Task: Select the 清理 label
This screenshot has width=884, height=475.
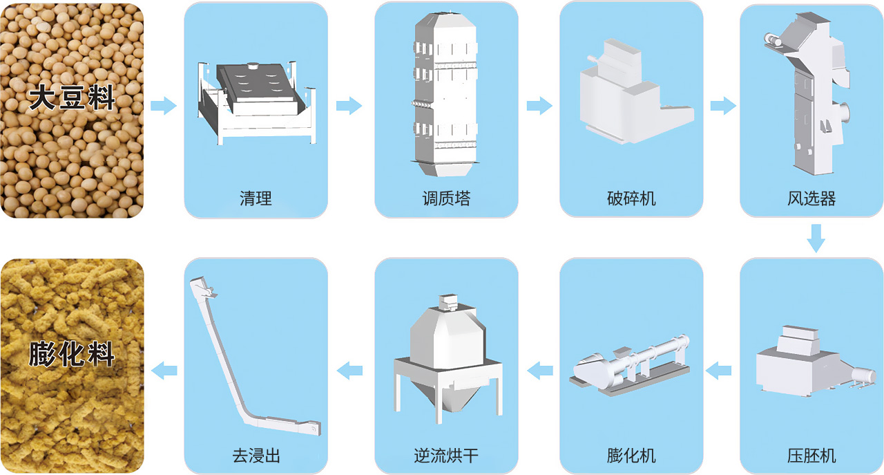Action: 256,199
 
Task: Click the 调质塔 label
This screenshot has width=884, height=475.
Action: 446,199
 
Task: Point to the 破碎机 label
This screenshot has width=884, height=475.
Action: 631,199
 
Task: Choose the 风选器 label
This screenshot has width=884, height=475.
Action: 811,199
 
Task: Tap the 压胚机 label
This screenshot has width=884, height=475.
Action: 811,456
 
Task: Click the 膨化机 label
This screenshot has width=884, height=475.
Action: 631,456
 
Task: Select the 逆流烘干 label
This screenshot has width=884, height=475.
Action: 446,456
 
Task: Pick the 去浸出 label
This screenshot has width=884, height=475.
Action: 256,456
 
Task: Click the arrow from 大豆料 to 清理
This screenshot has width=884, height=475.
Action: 164,106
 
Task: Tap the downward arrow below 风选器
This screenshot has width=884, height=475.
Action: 816,238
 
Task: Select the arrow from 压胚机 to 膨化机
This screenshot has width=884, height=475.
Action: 719,371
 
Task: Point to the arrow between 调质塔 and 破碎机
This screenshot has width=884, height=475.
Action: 539,106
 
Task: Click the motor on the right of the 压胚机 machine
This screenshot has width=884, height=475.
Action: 862,373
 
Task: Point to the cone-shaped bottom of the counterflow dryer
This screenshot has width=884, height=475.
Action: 445,401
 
